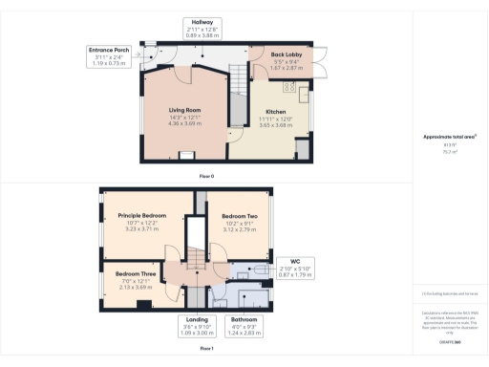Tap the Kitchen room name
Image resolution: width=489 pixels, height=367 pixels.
(x=275, y=111)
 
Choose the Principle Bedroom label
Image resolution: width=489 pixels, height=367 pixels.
(x=141, y=216)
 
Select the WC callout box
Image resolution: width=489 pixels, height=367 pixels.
(x=295, y=266)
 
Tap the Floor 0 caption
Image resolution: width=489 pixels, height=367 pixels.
(x=205, y=177)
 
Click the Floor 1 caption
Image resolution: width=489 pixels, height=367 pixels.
(x=205, y=349)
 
